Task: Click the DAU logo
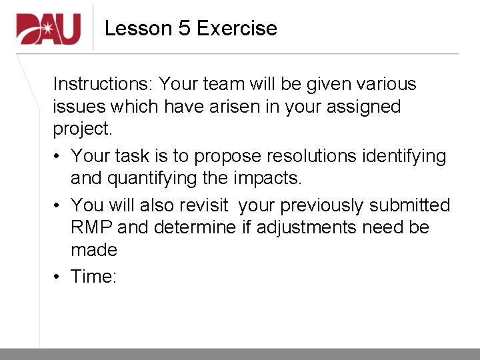point(49,29)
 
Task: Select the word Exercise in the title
point(237,29)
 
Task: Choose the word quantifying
point(157,179)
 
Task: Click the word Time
point(93,277)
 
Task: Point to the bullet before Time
point(57,277)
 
